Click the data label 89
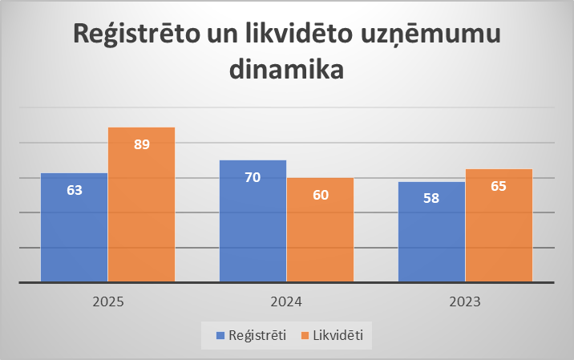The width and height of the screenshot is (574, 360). [x=142, y=144]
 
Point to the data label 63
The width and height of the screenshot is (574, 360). [x=75, y=190]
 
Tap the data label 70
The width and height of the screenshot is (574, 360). [x=253, y=177]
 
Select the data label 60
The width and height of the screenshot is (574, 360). [x=320, y=195]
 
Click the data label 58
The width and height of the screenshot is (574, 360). [x=431, y=199]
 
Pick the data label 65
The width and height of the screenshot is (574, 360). [x=499, y=186]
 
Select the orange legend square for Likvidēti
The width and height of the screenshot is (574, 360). [x=305, y=335]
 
